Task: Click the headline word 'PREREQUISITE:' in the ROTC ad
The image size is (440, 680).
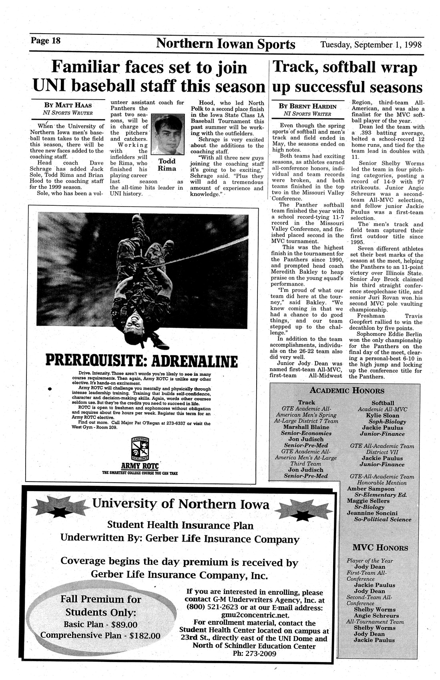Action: point(94,361)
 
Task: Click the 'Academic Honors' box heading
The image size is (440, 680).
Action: point(347,391)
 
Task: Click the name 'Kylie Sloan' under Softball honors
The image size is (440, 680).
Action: point(383,415)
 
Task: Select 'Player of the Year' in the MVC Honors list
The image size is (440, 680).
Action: point(370,561)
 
